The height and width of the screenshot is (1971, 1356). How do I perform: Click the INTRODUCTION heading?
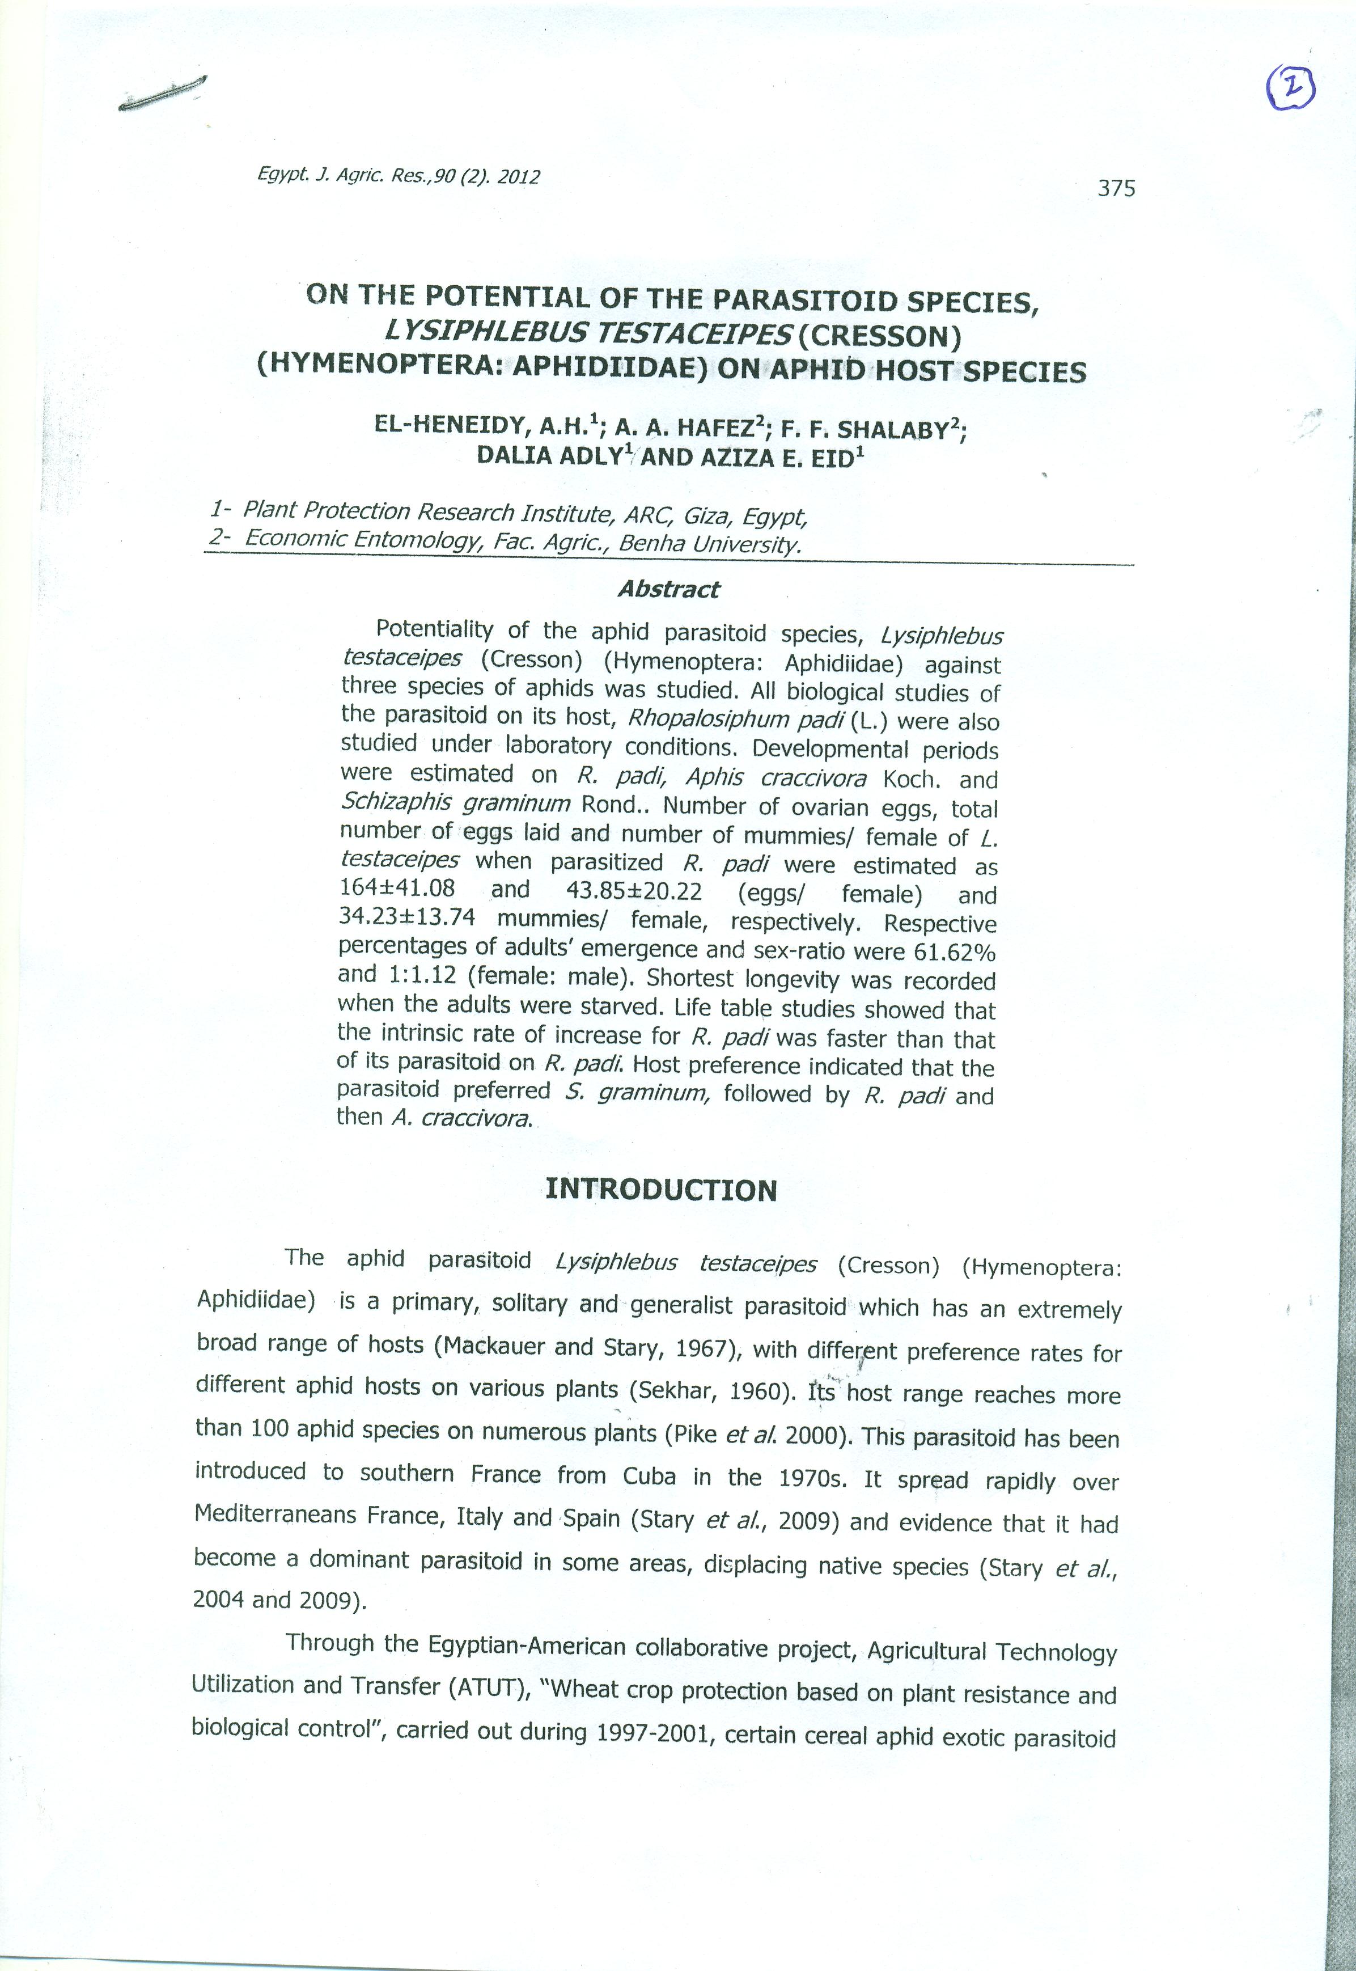coord(661,1190)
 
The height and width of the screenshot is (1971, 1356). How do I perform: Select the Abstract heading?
coord(669,589)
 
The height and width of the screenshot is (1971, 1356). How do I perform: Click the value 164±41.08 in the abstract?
coord(397,888)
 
